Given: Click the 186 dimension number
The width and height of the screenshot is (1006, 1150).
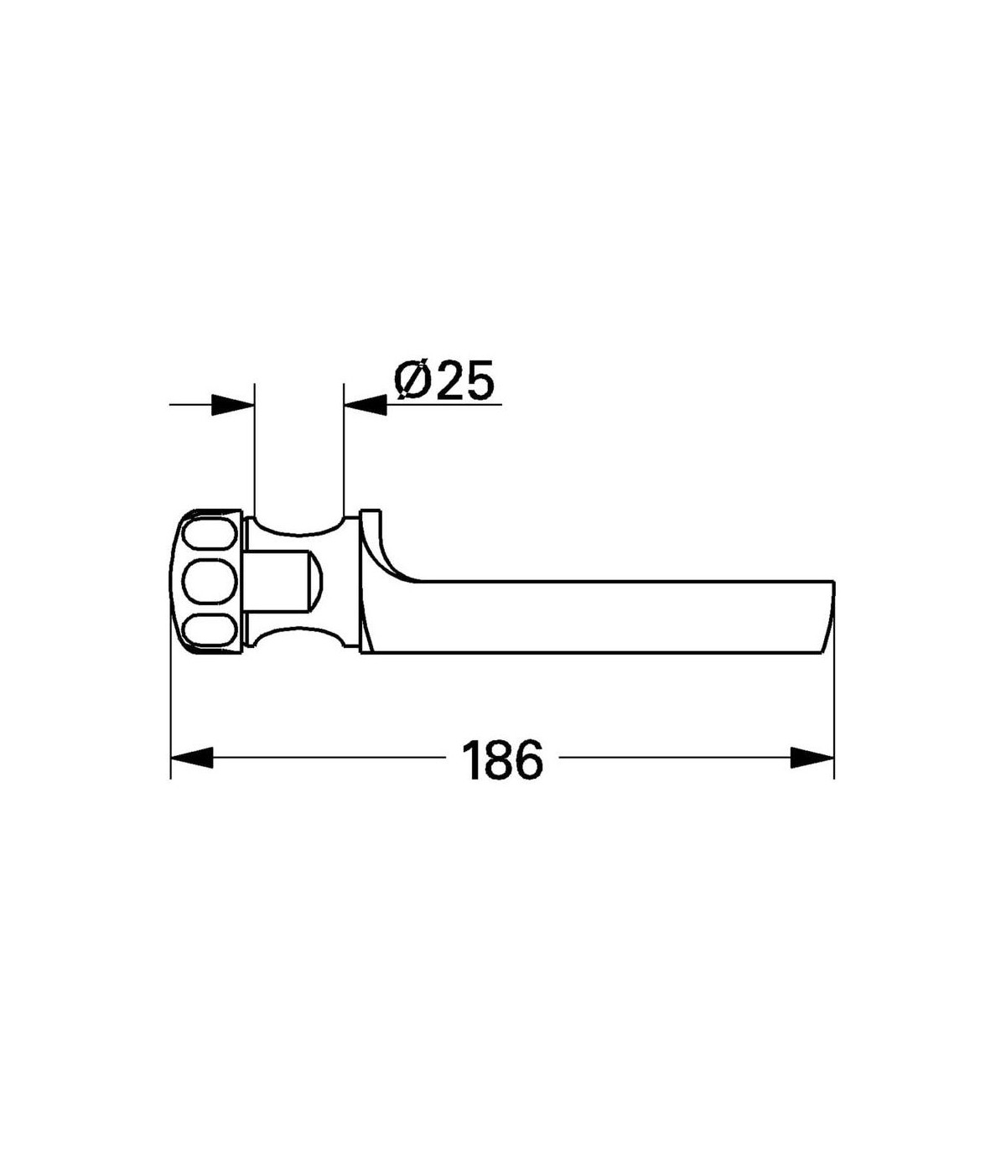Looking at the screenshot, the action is (x=502, y=760).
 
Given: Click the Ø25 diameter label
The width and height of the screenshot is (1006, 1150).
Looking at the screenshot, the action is (x=444, y=380).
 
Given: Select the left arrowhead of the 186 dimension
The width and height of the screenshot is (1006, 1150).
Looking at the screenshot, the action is (x=192, y=757).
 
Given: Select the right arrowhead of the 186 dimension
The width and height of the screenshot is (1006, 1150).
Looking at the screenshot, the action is (x=812, y=757).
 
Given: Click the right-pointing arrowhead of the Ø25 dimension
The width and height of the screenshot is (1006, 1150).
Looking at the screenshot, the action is (x=233, y=405).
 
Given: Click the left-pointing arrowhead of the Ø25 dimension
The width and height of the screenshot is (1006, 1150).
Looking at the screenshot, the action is (x=366, y=405).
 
